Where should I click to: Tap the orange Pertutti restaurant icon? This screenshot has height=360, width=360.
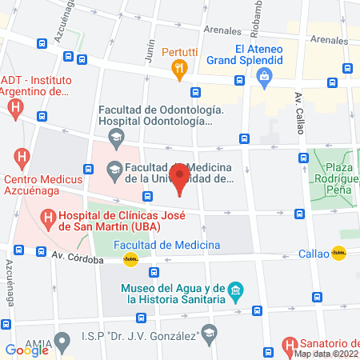coord(180,69)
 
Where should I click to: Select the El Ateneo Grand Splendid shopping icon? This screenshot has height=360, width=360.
coord(263,77)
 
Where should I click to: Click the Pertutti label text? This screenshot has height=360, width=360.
coord(180,53)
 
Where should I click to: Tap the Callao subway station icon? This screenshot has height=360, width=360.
coord(339,254)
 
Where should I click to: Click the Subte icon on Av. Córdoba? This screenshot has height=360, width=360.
coord(131,259)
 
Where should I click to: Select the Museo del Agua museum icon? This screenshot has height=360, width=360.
coord(235,289)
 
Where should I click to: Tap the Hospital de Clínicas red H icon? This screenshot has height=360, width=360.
coord(49,216)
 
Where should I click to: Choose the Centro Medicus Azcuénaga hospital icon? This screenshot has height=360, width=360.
coord(22,156)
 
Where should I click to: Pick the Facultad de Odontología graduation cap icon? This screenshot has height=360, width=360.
coord(118,138)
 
